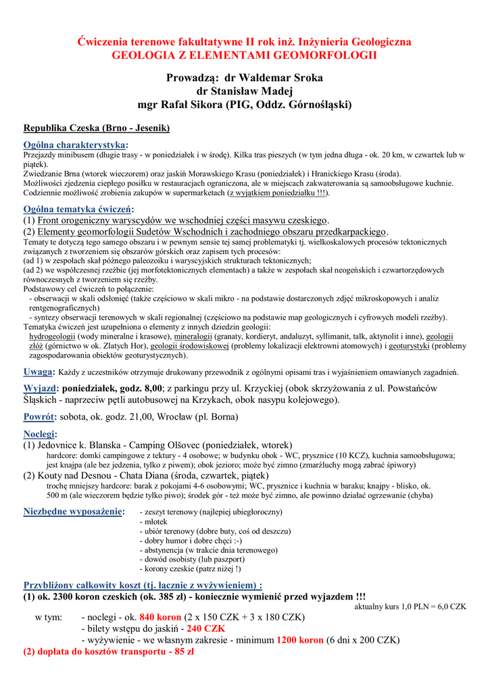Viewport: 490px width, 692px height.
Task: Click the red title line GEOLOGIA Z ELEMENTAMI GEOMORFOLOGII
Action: [244, 55]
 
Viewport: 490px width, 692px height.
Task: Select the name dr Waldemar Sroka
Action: [273, 78]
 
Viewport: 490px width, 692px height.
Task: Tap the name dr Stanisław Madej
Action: [244, 91]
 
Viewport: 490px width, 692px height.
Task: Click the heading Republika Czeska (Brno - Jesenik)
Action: [96, 128]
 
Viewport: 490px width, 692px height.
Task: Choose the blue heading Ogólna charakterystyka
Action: [75, 145]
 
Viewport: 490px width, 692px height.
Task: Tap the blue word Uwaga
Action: [38, 372]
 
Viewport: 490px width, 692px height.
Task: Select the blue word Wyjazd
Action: [40, 388]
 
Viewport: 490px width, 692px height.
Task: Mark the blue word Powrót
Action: [39, 417]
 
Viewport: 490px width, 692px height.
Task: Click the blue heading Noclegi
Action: [40, 434]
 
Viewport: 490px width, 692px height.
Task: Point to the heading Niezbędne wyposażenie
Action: [74, 512]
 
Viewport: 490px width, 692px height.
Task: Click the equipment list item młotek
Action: [152, 522]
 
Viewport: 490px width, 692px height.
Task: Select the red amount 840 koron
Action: [160, 617]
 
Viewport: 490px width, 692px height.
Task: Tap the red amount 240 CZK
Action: [206, 628]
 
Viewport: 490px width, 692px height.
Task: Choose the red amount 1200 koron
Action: [299, 640]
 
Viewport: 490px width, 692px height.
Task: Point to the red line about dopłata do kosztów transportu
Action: [109, 652]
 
